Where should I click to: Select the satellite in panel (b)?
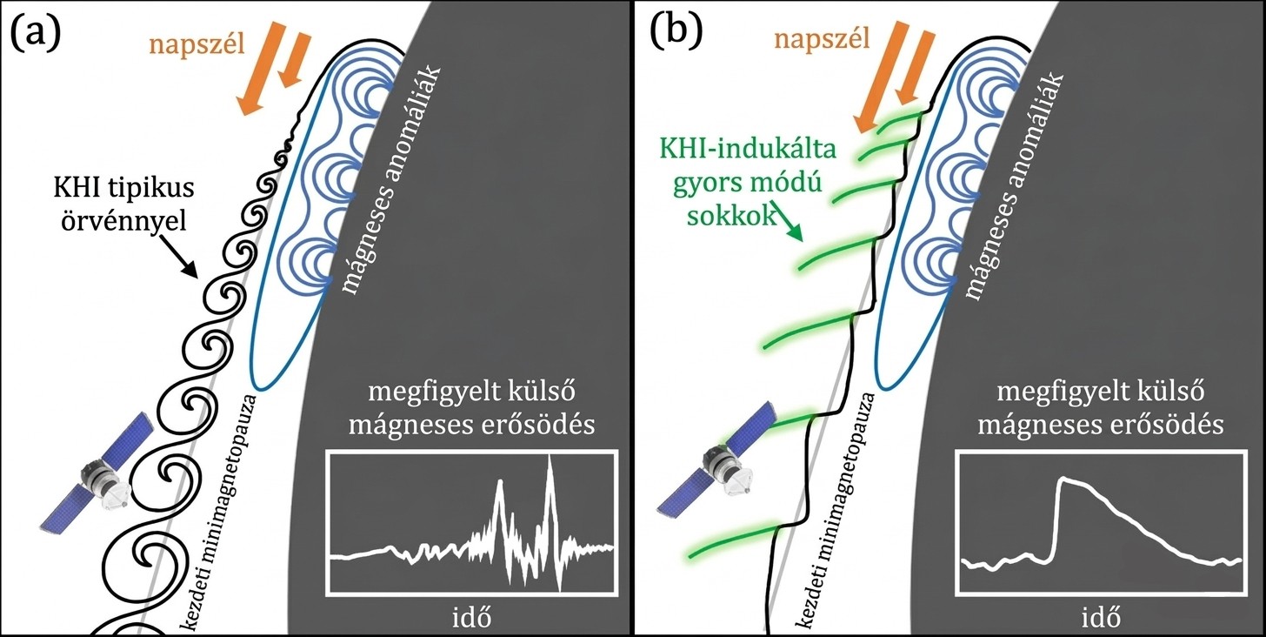click(721, 456)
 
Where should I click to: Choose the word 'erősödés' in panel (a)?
click(536, 426)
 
